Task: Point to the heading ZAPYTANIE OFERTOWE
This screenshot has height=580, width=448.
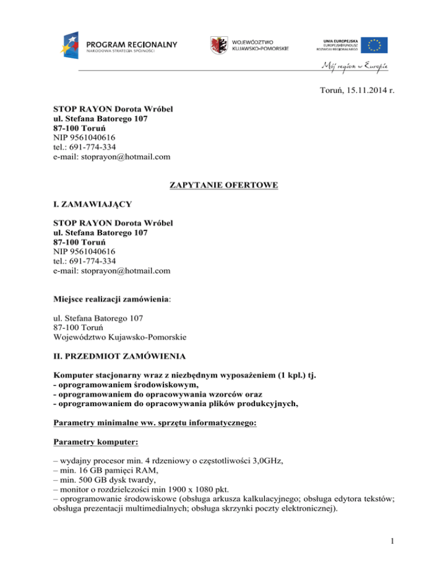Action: tap(223, 186)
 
